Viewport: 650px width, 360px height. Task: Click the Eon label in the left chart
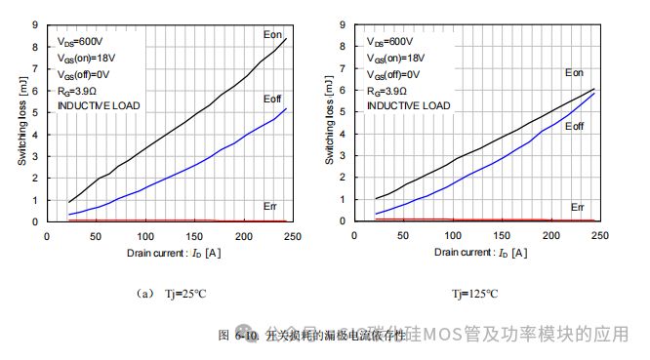point(272,35)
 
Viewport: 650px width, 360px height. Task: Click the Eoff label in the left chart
point(272,100)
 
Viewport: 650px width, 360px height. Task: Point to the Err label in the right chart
point(577,207)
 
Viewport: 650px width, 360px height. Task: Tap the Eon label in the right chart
point(574,72)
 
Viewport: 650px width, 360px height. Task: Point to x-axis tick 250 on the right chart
point(599,235)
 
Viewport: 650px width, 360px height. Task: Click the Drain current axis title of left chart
point(172,253)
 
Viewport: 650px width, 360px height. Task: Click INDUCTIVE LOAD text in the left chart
point(98,105)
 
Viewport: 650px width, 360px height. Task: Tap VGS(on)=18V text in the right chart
point(397,59)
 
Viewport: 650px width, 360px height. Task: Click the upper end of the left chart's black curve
point(286,38)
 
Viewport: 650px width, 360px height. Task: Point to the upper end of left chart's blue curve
point(286,108)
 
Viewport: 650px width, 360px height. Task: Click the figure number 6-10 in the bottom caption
point(246,336)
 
